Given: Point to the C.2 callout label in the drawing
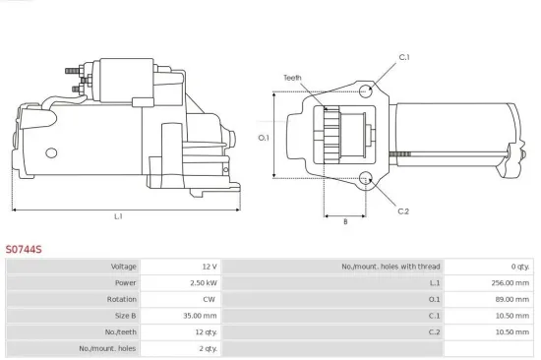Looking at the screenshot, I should [x=403, y=210].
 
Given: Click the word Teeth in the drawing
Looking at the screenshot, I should [x=292, y=77].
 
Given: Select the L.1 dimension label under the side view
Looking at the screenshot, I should [x=118, y=216].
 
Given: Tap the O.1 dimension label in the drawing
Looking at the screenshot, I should [x=264, y=138].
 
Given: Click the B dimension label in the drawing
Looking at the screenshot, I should [x=344, y=221].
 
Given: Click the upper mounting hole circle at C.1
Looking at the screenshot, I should [x=366, y=91].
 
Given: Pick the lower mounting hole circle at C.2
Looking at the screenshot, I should [x=366, y=179].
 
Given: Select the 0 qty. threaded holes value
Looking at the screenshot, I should [x=515, y=267].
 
